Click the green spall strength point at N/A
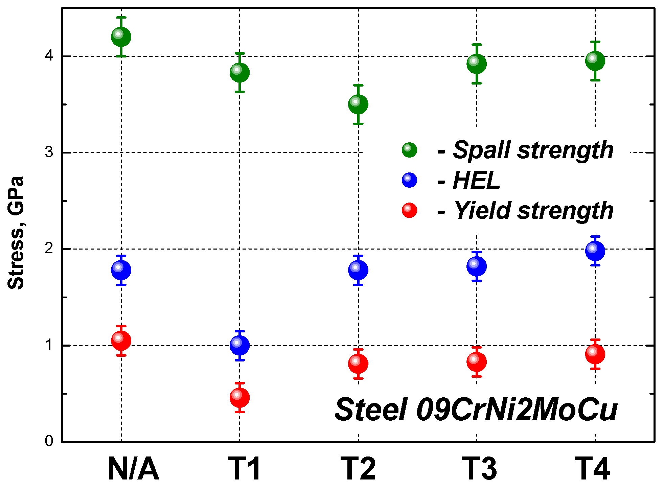121,37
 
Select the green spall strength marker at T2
358,104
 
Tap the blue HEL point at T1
239,345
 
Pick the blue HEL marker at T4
595,251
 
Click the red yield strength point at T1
239,397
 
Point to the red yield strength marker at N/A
121,341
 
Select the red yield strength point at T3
477,362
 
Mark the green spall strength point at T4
595,61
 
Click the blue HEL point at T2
358,270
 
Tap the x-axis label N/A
133,469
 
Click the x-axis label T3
480,469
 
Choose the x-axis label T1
244,469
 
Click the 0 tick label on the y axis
49,441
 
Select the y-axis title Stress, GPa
16,233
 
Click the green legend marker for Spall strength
409,150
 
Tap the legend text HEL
476,181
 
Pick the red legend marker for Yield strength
409,210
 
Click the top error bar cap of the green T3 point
477,45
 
